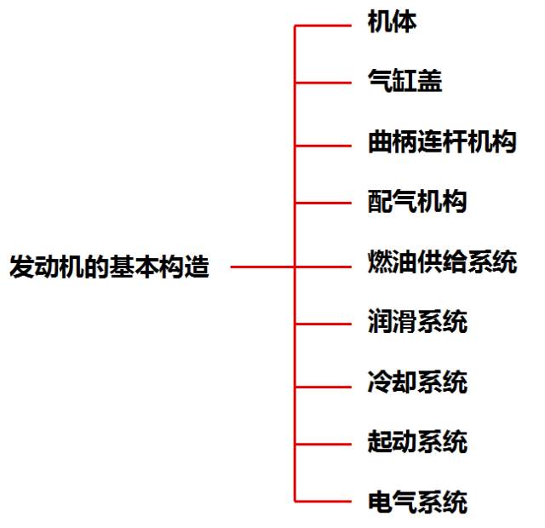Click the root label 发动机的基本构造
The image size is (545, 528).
coord(109,267)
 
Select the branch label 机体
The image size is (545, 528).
coord(392,22)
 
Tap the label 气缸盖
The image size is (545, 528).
coord(404,82)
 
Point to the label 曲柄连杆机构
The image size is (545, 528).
coord(441,142)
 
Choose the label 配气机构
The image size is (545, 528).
coord(416,203)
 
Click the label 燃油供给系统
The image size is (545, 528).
coord(441,262)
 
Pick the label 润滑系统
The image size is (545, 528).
coord(416,323)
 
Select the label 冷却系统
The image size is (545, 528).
coord(416,382)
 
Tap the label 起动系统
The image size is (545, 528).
coord(416,443)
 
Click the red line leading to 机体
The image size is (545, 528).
coord(324,26)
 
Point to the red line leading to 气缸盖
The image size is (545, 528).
coord(324,83)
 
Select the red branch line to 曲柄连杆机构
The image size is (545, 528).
coord(324,143)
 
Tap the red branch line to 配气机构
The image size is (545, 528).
coord(324,204)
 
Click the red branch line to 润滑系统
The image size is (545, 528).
coord(324,324)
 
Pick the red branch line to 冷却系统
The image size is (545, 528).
coord(324,383)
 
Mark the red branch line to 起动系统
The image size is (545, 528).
coord(324,444)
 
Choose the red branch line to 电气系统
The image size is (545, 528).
coord(324,501)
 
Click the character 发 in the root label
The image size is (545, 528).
coord(20,267)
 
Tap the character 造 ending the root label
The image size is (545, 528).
coord(197,267)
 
